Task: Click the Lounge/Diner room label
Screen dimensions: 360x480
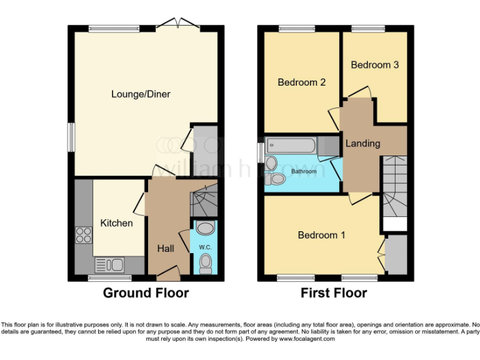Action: point(141,94)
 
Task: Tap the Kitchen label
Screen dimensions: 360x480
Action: point(116,223)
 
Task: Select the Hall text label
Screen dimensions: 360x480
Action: point(166,249)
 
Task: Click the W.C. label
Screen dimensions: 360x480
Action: point(205,247)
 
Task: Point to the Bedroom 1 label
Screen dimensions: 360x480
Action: point(321,235)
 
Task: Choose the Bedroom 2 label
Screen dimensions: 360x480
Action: point(301,82)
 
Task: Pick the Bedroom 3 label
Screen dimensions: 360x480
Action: point(374,65)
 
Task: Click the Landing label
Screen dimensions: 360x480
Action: point(362,143)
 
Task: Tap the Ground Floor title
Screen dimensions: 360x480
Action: point(146,292)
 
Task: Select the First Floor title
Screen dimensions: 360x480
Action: point(334,292)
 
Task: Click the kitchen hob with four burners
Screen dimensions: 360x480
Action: point(84,235)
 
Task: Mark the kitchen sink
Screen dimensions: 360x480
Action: point(110,264)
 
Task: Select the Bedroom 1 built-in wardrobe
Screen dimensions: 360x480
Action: point(396,255)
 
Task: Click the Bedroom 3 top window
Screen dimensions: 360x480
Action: point(363,28)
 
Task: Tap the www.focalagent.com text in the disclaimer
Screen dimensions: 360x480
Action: point(307,339)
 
